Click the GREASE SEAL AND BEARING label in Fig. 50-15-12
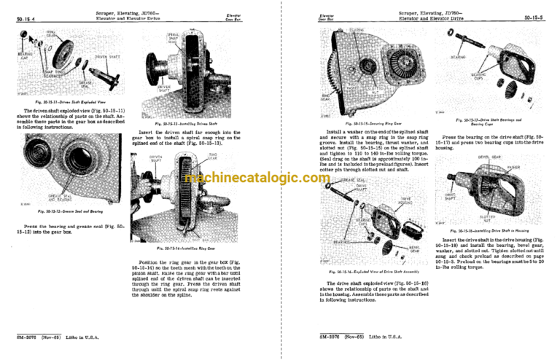pos(59,197)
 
